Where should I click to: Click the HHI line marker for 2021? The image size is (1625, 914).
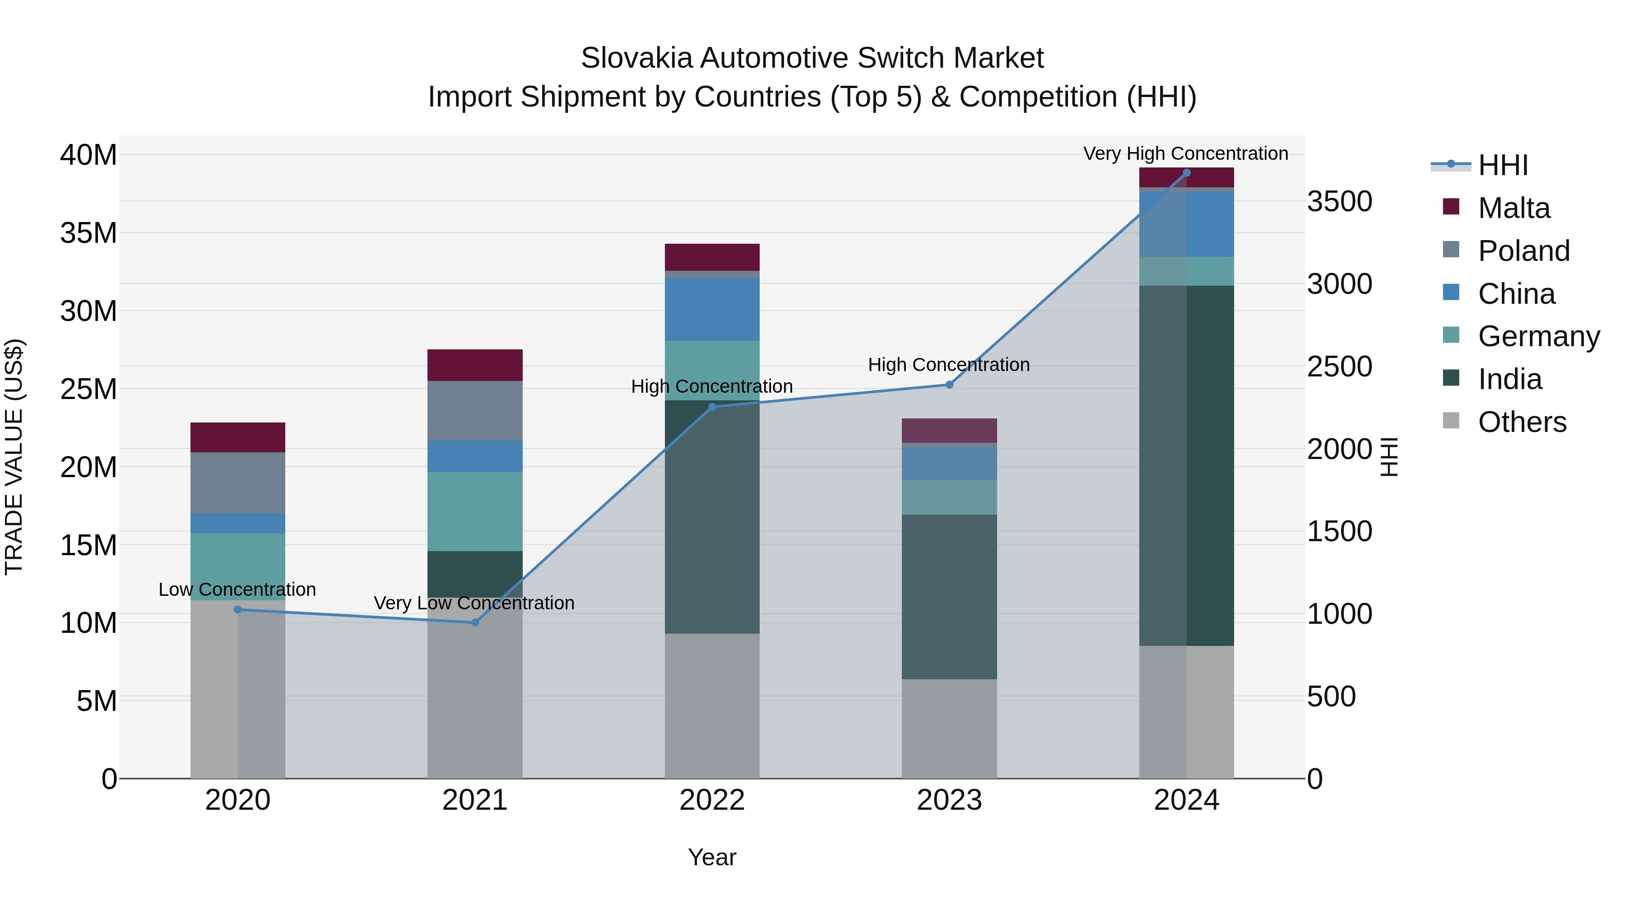tap(475, 622)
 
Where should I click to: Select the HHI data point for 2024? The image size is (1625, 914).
tap(1186, 173)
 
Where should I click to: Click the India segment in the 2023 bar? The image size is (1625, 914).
tap(949, 596)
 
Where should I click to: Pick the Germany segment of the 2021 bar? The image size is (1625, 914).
tap(474, 511)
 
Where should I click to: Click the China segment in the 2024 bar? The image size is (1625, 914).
tap(1186, 224)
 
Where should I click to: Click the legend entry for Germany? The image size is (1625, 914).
tap(1538, 336)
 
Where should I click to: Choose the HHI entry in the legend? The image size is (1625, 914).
tap(1502, 165)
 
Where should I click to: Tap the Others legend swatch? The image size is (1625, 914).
tap(1451, 421)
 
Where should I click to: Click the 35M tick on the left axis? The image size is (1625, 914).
tap(88, 233)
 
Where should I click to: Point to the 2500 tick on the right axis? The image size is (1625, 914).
tap(1339, 367)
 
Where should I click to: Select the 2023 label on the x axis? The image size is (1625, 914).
tap(949, 800)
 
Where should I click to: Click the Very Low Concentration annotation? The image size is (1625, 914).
tap(474, 603)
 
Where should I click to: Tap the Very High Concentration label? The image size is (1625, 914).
tap(1185, 153)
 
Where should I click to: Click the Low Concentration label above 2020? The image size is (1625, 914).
tap(237, 589)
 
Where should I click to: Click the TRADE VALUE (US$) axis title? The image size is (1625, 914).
tap(14, 457)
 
